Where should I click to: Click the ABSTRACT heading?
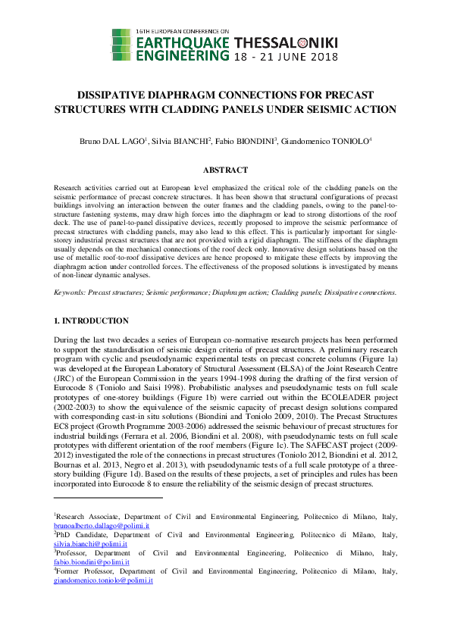pyautogui.click(x=225, y=170)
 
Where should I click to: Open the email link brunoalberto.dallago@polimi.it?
pyautogui.click(x=101, y=525)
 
